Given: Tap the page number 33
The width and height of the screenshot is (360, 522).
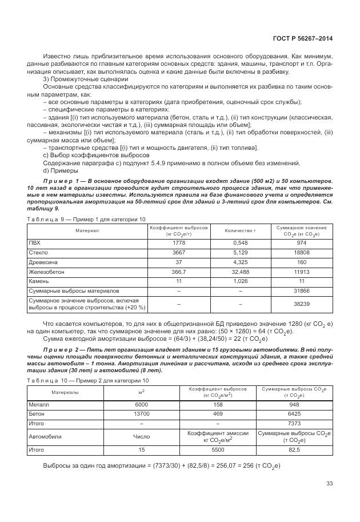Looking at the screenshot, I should [x=329, y=483].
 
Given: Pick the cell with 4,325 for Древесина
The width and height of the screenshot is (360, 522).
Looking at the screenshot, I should [x=241, y=261].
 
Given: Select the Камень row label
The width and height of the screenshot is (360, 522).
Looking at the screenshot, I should [x=38, y=281].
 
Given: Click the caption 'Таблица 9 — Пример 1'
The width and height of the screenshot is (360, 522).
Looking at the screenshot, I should [x=86, y=219].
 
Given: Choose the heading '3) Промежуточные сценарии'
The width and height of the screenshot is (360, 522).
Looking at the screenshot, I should [x=78, y=79].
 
